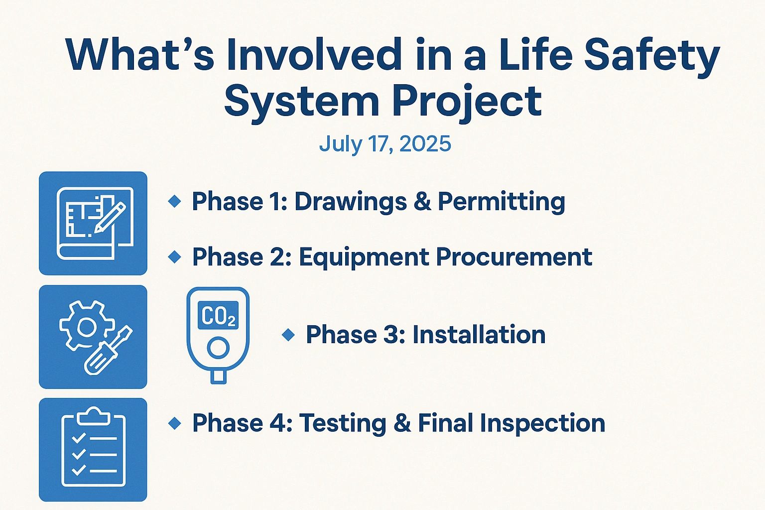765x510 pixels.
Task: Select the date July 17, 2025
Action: (x=385, y=143)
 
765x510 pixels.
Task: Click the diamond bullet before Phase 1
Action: (x=175, y=201)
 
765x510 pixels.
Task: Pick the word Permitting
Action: (x=502, y=202)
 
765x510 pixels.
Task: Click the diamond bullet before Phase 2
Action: (x=175, y=257)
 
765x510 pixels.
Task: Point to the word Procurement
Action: (x=514, y=257)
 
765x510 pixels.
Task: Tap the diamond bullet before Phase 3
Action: (x=288, y=335)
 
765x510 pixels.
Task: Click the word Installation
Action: (x=479, y=335)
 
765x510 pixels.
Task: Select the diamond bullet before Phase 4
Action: (x=175, y=423)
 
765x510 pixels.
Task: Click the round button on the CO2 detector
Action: (x=218, y=348)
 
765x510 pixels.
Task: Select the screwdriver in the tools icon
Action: (x=108, y=351)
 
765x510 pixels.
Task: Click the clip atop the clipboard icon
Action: (x=93, y=416)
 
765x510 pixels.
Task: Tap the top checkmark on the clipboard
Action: (x=79, y=438)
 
